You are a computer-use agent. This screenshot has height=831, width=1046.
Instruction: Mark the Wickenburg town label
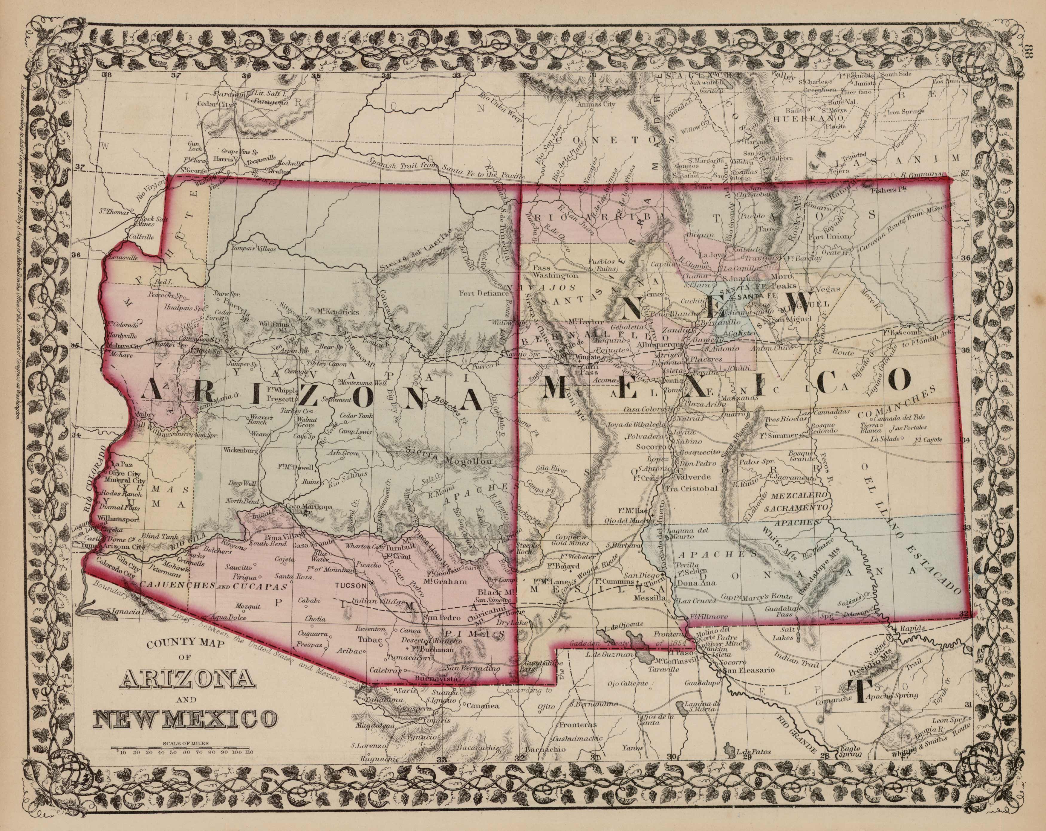(x=240, y=450)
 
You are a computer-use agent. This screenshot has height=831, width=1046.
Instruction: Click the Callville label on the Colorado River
(x=141, y=237)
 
